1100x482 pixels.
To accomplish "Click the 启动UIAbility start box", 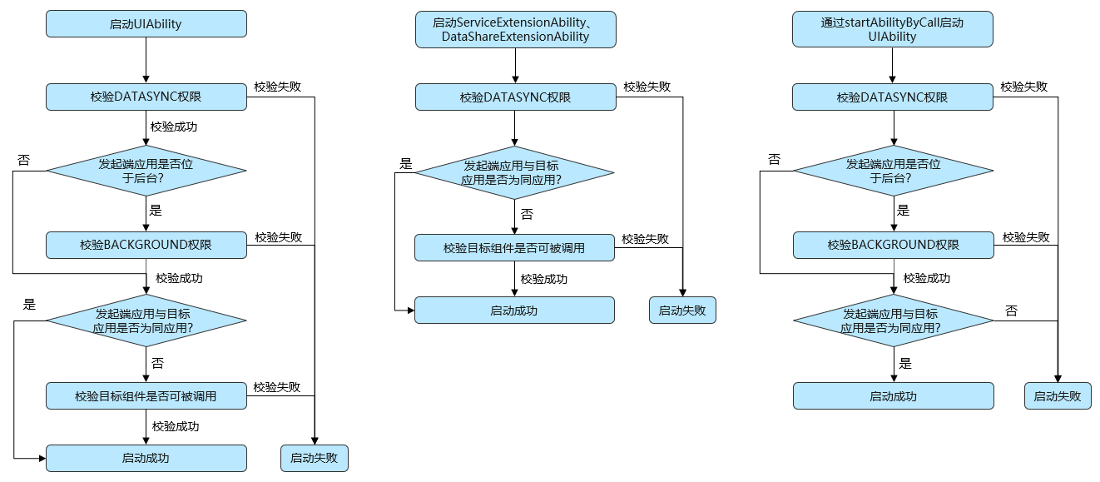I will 146,24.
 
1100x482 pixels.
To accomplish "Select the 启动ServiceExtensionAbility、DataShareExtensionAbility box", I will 515,30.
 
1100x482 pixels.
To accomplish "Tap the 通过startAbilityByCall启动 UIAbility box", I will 892,30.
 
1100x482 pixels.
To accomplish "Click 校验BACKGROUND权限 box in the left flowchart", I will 146,245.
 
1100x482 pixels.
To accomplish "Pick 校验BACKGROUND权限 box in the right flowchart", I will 893,245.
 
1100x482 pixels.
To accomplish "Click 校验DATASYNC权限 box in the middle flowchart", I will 515,97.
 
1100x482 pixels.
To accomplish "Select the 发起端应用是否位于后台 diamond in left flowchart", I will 146,171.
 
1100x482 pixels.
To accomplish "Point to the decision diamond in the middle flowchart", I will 515,172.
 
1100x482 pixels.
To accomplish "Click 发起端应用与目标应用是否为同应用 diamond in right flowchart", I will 893,321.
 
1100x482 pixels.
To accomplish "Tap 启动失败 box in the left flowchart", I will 314,458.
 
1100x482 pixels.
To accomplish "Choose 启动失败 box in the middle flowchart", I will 681,311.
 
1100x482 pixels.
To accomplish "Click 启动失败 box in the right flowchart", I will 1057,396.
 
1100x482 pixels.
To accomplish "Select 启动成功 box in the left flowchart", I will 146,458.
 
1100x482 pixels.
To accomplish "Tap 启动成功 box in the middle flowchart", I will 514,311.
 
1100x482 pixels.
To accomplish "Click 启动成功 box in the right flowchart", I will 893,396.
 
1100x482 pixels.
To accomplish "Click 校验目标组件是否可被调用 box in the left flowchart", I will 146,396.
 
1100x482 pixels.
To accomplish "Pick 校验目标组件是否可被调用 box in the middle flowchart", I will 514,248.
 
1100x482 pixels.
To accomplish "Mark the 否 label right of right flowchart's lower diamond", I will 1011,311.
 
